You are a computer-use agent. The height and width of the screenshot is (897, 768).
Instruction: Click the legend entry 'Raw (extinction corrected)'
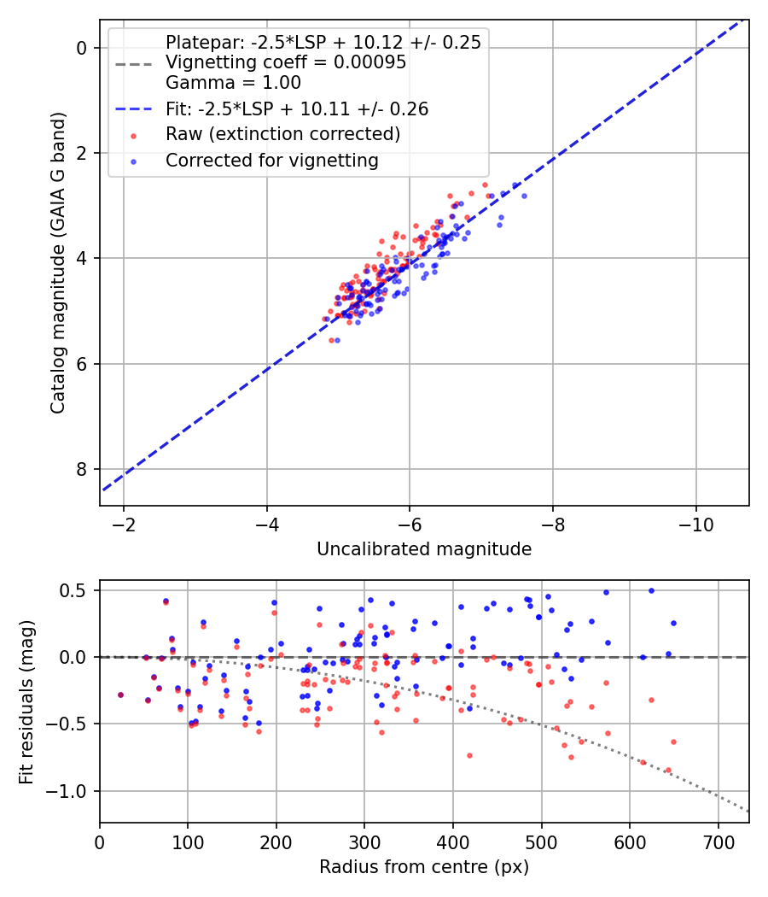click(282, 134)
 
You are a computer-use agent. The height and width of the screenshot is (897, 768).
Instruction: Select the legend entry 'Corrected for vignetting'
click(271, 160)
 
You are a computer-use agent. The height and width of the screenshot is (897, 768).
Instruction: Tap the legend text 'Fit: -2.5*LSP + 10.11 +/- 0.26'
click(296, 108)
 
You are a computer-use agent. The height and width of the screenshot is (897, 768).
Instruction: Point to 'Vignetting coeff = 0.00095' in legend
click(285, 62)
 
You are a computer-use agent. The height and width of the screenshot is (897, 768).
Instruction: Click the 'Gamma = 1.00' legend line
click(233, 83)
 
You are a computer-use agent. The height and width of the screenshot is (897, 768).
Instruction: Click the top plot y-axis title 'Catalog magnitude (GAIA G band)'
click(57, 267)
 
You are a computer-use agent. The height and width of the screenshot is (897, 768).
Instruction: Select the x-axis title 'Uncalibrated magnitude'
click(424, 549)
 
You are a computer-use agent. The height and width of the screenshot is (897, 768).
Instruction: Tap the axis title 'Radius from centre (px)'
click(424, 867)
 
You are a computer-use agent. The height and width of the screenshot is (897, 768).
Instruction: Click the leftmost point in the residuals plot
click(120, 695)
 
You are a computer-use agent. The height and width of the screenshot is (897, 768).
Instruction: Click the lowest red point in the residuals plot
click(668, 770)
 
